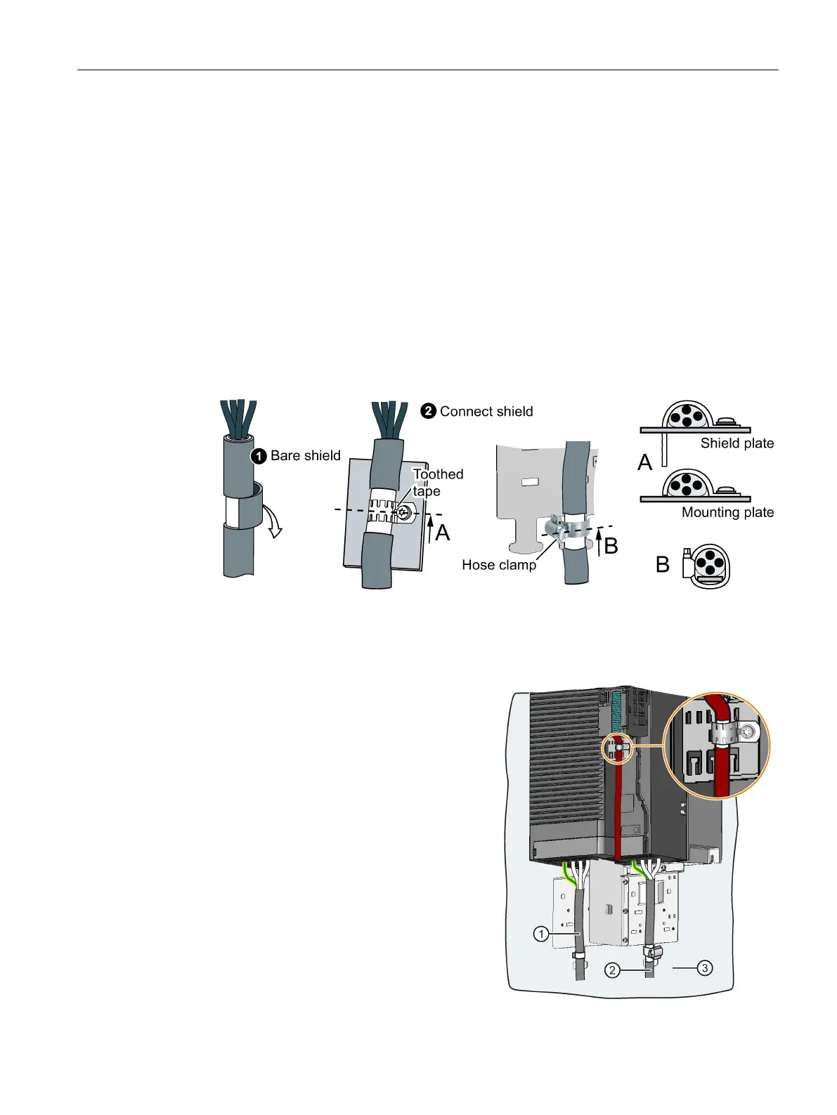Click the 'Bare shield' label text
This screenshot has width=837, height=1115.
(x=305, y=455)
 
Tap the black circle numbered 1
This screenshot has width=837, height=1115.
(x=259, y=456)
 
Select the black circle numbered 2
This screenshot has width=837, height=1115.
(x=428, y=411)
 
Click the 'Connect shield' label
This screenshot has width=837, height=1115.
(x=486, y=411)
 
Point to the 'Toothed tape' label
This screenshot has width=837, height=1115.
(x=437, y=482)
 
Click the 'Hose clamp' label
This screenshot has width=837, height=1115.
(x=498, y=564)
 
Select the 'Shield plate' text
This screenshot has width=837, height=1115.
(x=737, y=443)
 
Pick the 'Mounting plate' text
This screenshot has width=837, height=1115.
(x=727, y=512)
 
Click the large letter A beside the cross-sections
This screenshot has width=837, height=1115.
(x=644, y=462)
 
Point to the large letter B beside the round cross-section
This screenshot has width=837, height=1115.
(x=662, y=564)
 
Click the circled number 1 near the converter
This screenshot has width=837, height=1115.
(x=540, y=934)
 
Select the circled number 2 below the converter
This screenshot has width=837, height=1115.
(x=613, y=970)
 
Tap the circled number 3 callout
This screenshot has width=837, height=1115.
(x=704, y=967)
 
